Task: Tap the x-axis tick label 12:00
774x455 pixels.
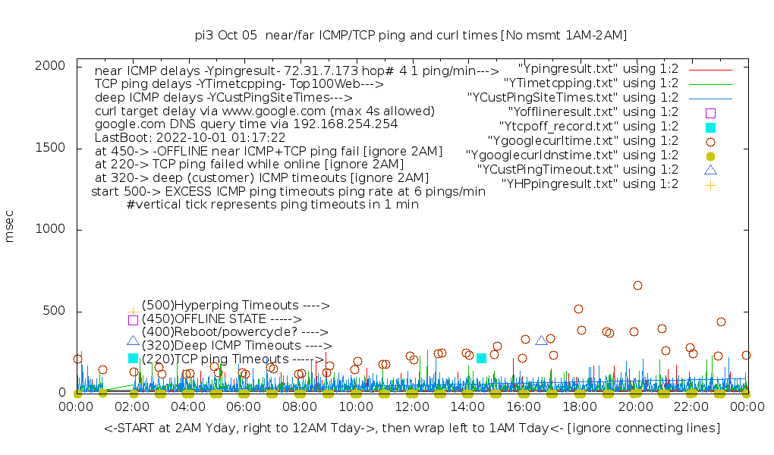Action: click(x=412, y=408)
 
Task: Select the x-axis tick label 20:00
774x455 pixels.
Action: click(x=635, y=408)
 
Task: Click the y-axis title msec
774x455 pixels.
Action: click(x=10, y=229)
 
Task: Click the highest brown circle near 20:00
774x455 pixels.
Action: click(x=637, y=286)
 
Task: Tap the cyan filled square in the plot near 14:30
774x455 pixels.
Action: click(x=481, y=358)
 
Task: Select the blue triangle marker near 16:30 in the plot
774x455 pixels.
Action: click(x=541, y=340)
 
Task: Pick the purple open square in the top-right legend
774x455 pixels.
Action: click(x=710, y=112)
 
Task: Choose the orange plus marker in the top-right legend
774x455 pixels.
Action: click(x=710, y=184)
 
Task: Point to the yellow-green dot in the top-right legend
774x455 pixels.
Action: click(x=710, y=155)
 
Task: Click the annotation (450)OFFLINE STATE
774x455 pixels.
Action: click(x=222, y=319)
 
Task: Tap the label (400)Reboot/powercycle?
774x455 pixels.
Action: click(x=234, y=332)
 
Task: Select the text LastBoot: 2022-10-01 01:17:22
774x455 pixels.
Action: click(x=190, y=137)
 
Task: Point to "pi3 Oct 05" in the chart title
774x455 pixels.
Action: click(x=225, y=35)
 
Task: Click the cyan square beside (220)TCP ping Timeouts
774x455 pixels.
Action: click(x=134, y=358)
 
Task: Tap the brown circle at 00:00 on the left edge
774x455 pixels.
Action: click(x=77, y=359)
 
